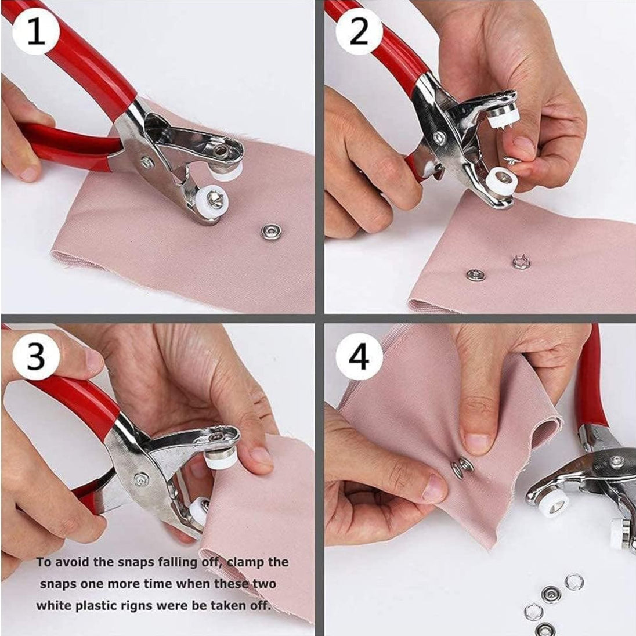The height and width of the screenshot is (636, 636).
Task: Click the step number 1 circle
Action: (x=36, y=31)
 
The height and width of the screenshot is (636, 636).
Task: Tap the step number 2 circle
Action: (x=359, y=31)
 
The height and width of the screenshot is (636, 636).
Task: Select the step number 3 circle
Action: (x=36, y=356)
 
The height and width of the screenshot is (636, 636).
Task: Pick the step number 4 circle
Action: (x=359, y=356)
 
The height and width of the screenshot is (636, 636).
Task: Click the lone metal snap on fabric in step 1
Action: (x=270, y=232)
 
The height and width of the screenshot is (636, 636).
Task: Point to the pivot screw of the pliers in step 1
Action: (x=147, y=162)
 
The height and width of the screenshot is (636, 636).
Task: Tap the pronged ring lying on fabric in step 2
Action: (x=521, y=262)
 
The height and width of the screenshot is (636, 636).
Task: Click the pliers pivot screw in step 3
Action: (x=141, y=479)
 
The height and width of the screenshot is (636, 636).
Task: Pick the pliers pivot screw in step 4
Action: (x=617, y=460)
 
